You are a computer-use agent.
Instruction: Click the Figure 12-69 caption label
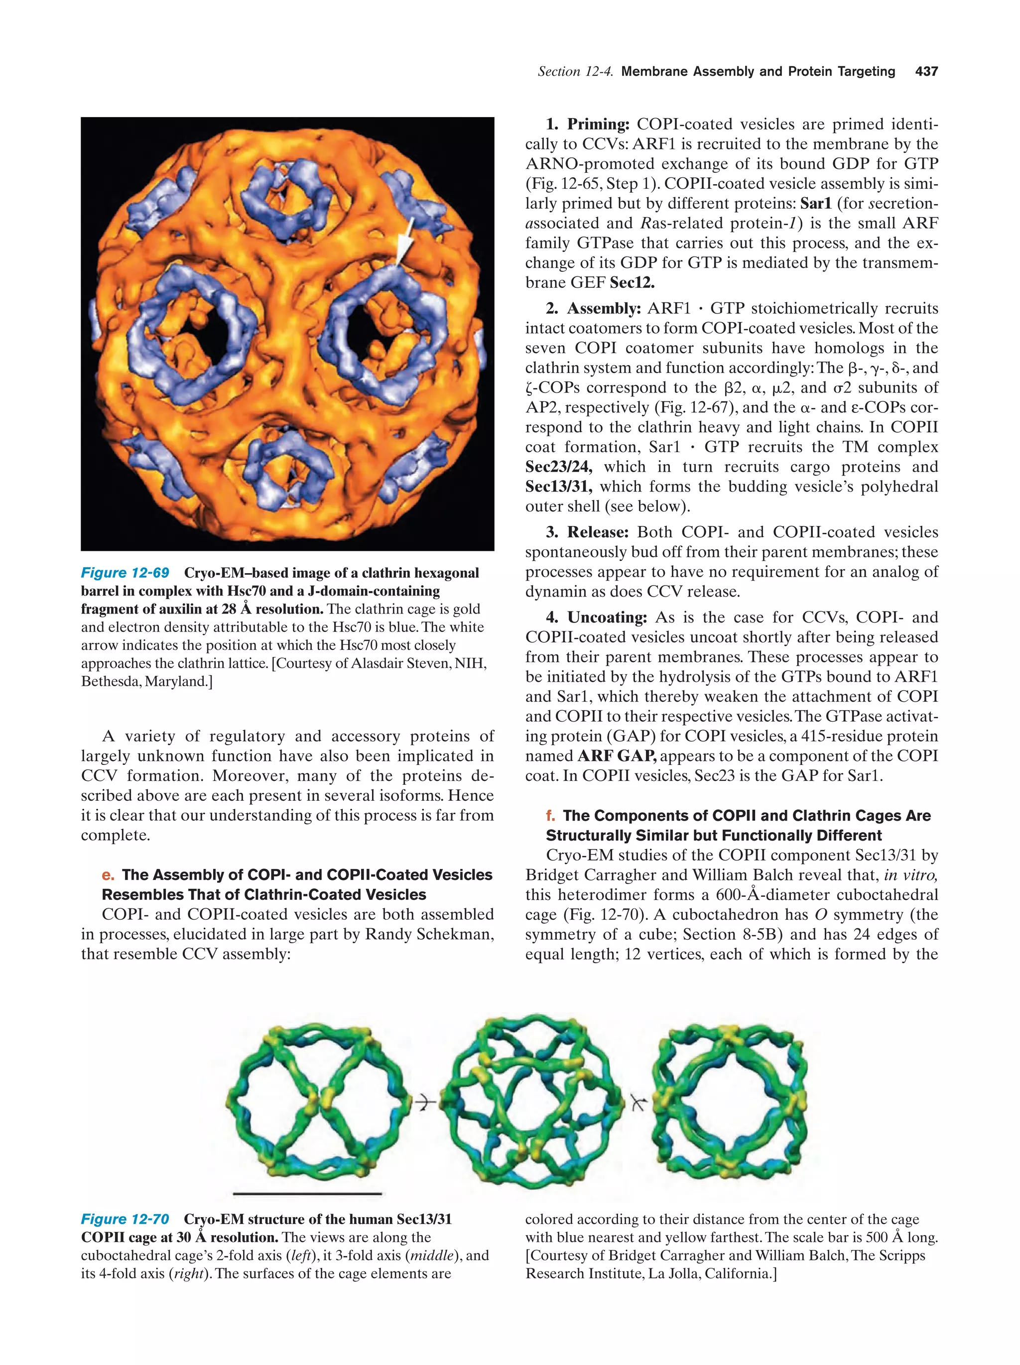(x=125, y=573)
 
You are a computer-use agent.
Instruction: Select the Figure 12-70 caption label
(x=125, y=1219)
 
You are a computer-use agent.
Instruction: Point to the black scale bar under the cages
(x=307, y=1194)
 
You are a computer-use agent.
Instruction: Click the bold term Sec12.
(x=632, y=283)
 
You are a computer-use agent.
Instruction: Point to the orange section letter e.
(x=108, y=875)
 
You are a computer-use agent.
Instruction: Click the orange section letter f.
(x=550, y=816)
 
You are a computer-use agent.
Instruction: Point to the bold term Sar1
(x=816, y=204)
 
